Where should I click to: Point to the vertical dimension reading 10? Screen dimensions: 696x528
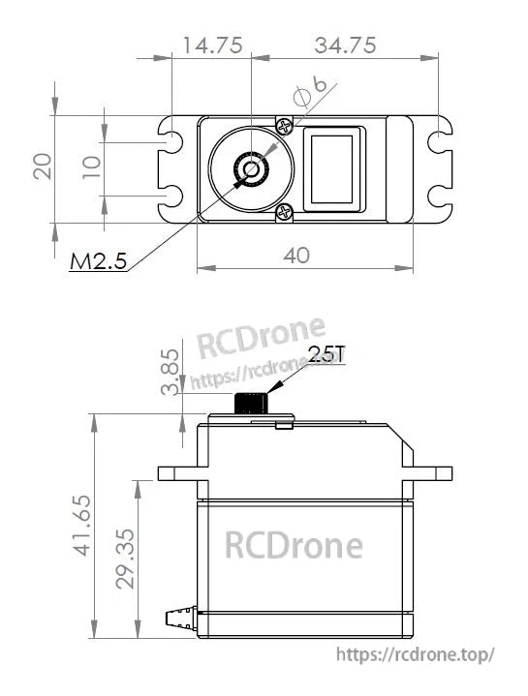pyautogui.click(x=91, y=166)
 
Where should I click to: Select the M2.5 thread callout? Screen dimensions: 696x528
pyautogui.click(x=98, y=261)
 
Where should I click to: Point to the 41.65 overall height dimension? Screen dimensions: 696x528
pyautogui.click(x=82, y=526)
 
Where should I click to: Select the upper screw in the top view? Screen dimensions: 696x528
pyautogui.click(x=284, y=126)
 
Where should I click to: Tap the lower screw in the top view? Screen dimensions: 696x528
pyautogui.click(x=284, y=213)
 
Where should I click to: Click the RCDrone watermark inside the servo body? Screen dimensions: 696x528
pyautogui.click(x=294, y=546)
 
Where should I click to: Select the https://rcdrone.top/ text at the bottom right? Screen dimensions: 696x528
pyautogui.click(x=416, y=654)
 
